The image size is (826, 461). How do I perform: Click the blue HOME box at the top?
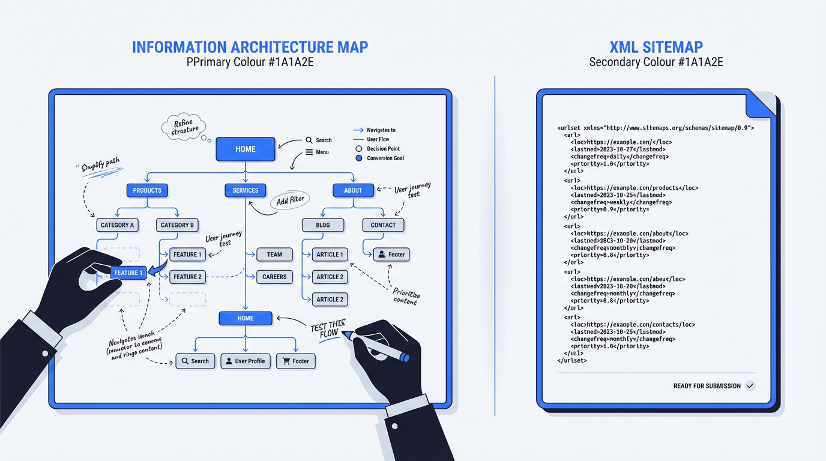tap(245, 149)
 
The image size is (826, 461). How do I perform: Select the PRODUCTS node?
tap(147, 190)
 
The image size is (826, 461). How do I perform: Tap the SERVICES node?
tap(245, 190)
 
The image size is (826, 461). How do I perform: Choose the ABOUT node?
tap(353, 190)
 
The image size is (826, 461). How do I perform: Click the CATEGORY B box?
tap(177, 225)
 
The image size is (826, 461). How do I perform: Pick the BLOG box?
tap(322, 225)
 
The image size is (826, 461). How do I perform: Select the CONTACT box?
tap(383, 225)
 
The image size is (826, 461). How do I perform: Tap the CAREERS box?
tap(274, 277)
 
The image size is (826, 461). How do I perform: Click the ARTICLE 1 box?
tap(330, 255)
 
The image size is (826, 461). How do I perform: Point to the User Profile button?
tap(245, 361)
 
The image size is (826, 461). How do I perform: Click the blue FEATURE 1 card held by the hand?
tap(128, 273)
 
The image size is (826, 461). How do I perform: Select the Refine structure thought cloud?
tap(183, 127)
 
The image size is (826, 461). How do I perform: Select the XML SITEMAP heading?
tap(656, 47)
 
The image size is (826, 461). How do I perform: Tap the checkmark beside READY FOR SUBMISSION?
tap(750, 386)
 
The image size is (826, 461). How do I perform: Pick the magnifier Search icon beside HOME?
tap(309, 140)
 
